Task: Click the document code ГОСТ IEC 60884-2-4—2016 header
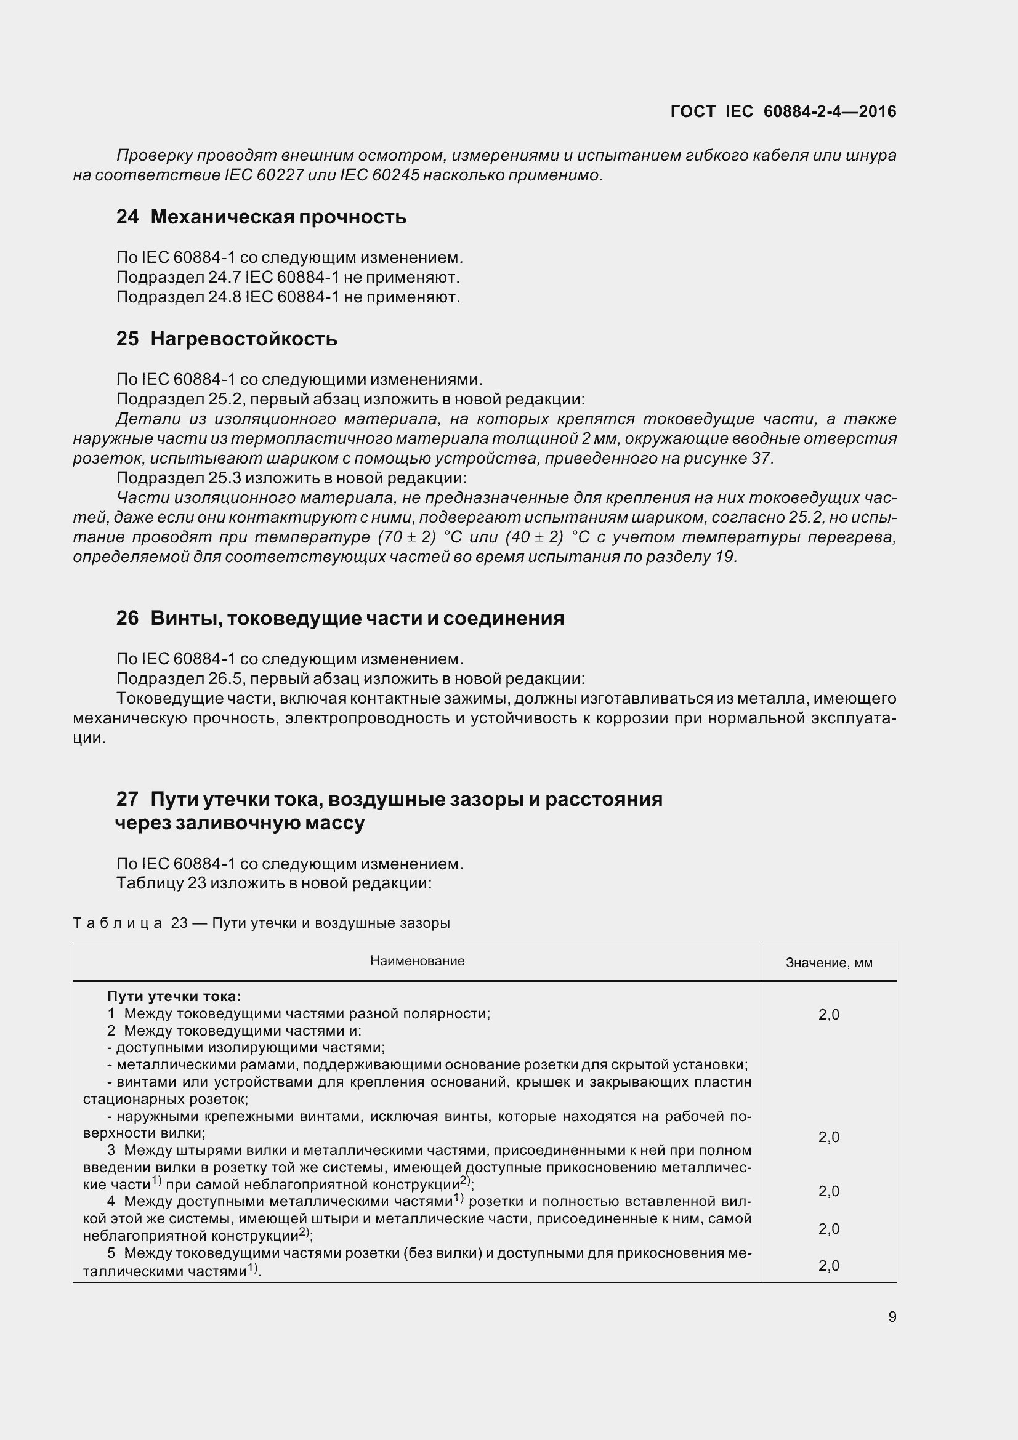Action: click(783, 111)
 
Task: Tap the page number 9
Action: click(892, 1316)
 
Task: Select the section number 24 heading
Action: click(127, 217)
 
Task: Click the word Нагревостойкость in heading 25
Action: click(244, 339)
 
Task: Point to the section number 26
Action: click(127, 618)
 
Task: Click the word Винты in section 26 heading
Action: click(184, 618)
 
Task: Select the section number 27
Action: click(127, 800)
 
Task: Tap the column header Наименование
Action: click(417, 961)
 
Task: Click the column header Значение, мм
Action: click(828, 963)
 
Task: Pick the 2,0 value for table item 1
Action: click(828, 1015)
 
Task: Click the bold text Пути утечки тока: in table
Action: click(174, 997)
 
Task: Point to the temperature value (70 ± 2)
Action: click(406, 537)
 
